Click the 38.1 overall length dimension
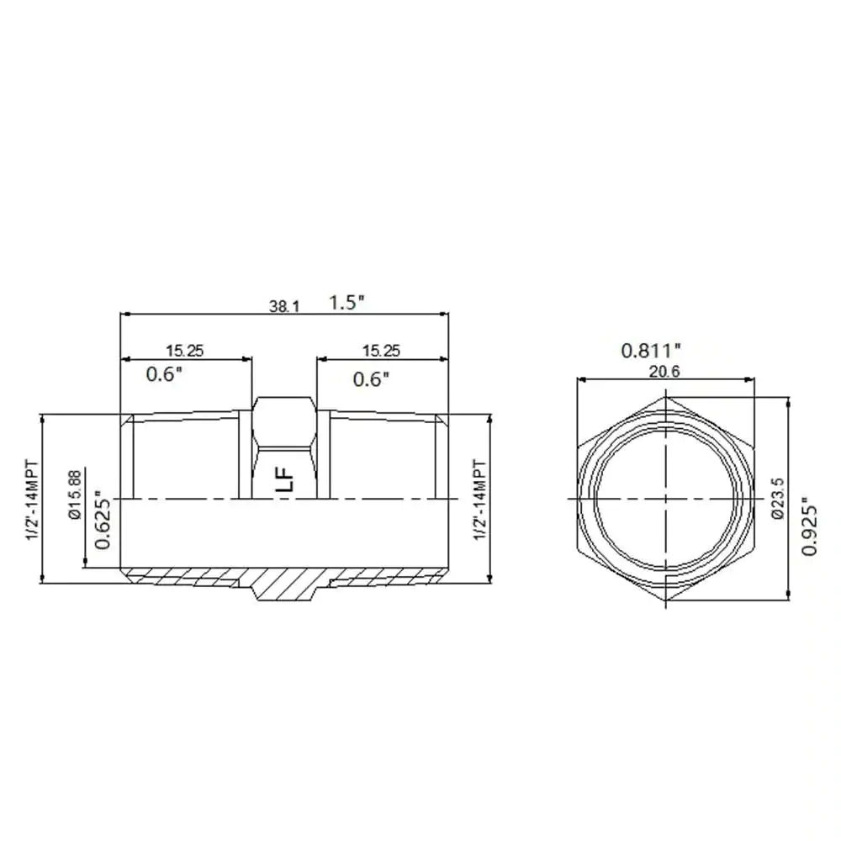tap(284, 307)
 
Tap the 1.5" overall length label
tap(346, 303)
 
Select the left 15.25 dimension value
tap(184, 351)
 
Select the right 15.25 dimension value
tap(381, 351)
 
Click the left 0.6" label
tap(164, 374)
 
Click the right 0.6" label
tap(371, 379)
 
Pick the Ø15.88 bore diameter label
tap(75, 495)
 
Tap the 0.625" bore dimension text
tap(103, 519)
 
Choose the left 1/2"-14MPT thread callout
tap(33, 500)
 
